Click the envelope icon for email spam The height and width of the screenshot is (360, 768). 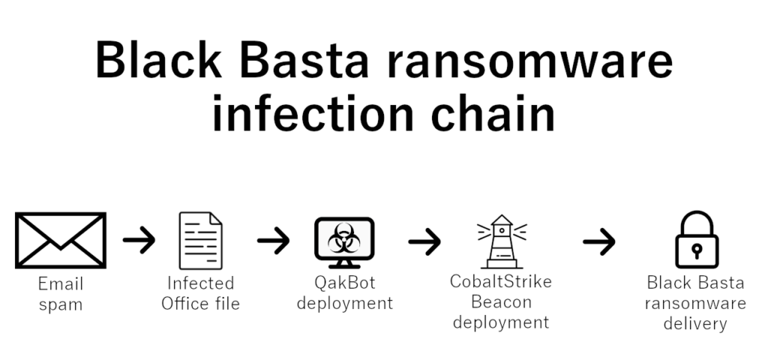point(60,241)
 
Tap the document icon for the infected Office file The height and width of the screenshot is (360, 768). point(200,241)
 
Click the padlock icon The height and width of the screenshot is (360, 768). point(697,240)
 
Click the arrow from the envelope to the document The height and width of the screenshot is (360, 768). point(139,241)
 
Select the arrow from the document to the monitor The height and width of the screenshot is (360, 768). point(273,241)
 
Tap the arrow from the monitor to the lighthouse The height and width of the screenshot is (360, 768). point(424,241)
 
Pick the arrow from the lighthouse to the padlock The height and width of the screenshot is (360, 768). point(598,241)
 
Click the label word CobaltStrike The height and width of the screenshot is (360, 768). point(501,283)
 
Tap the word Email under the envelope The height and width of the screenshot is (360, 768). point(61,284)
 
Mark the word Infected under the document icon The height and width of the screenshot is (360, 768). point(200,284)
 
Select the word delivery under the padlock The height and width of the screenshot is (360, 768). point(697,324)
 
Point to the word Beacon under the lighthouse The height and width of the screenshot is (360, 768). point(501,302)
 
